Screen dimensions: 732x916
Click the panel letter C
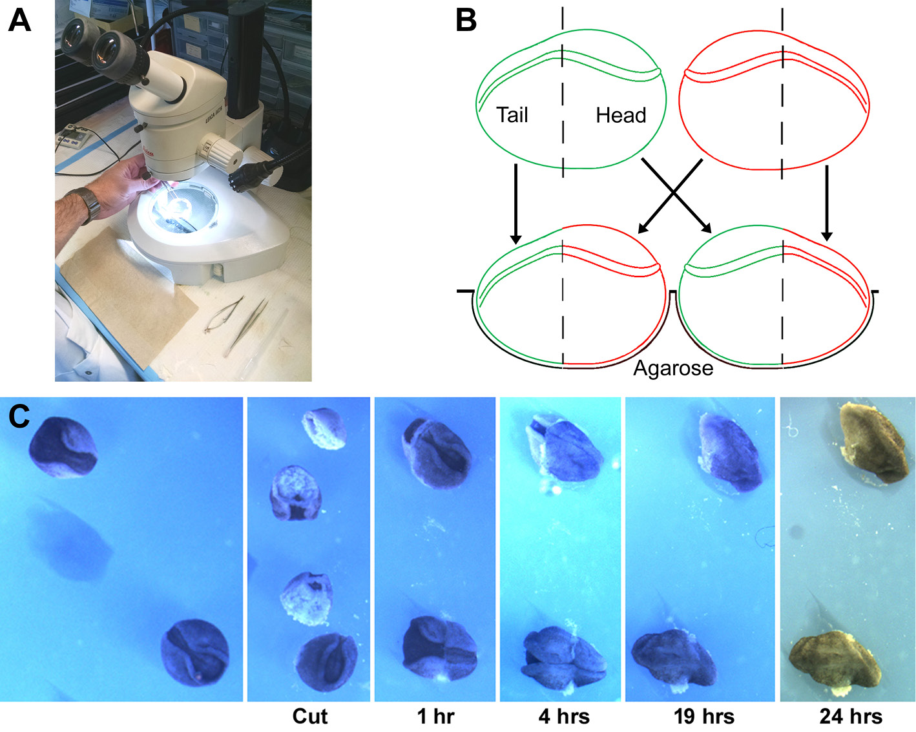tap(19, 417)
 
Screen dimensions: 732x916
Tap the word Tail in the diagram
tap(512, 115)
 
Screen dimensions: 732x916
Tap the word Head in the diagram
tap(620, 116)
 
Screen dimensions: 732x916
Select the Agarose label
tap(673, 368)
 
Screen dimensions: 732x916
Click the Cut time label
tap(309, 716)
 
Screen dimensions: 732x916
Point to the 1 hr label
tap(435, 716)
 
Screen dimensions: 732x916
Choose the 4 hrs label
tap(564, 716)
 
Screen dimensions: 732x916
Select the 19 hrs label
tap(703, 716)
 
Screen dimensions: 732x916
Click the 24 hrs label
tap(851, 716)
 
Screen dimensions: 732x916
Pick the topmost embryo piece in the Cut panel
tap(324, 428)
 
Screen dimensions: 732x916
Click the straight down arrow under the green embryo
tap(515, 204)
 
